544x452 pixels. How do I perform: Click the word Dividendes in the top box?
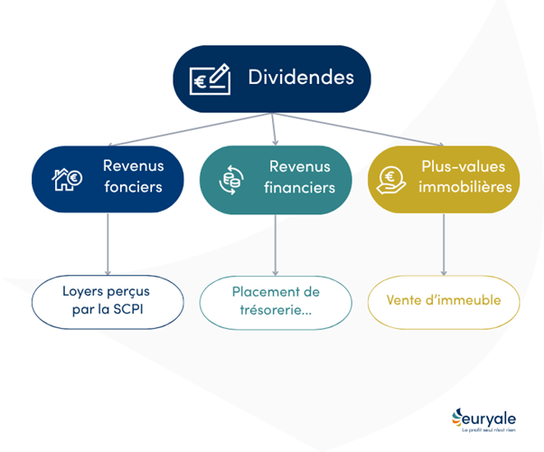coord(301,79)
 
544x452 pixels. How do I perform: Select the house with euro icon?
coord(67,179)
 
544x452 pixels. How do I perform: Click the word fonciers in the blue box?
coord(133,188)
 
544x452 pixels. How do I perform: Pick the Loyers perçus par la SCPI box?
coord(108,301)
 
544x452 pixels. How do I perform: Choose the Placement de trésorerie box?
coord(275,301)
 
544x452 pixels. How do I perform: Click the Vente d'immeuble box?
coord(443,301)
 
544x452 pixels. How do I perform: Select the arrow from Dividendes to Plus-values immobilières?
coord(361,128)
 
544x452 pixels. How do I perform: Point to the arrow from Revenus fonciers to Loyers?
coord(108,244)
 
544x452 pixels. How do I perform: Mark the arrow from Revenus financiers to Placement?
coord(275,244)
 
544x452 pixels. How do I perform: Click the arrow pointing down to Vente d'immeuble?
coord(443,244)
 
